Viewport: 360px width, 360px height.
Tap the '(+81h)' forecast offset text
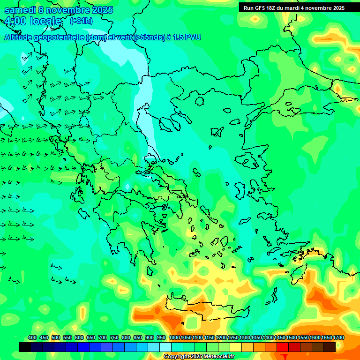click(x=81, y=21)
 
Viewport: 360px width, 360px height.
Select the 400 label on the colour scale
click(x=32, y=337)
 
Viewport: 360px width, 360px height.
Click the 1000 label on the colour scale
click(x=174, y=337)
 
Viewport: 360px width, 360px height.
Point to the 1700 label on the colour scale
click(x=338, y=337)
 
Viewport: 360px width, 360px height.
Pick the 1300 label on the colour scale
click(x=245, y=337)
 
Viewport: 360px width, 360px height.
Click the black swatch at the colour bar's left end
click(x=25, y=347)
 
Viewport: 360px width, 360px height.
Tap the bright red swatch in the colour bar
click(x=283, y=347)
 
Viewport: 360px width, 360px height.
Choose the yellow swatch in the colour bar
click(x=236, y=347)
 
